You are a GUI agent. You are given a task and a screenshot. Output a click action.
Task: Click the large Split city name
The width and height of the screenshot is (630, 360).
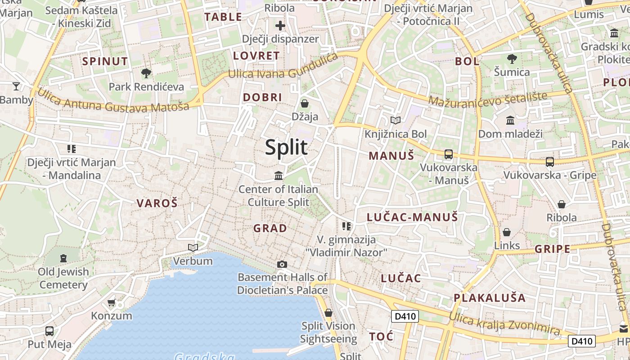pos(286,147)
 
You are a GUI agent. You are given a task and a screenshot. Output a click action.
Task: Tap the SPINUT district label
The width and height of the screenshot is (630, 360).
pos(105,61)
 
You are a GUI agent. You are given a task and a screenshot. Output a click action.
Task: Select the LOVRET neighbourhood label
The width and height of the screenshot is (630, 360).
pos(256,56)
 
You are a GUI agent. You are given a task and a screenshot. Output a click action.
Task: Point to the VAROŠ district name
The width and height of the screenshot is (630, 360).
pos(157,203)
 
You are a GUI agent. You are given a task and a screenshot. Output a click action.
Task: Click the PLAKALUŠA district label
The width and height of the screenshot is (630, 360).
pos(490,297)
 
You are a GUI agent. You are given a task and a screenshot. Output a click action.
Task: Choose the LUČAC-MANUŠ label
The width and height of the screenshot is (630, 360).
pos(412,217)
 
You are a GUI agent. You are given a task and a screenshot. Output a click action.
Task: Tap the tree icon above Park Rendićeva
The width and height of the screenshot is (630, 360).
pos(146,73)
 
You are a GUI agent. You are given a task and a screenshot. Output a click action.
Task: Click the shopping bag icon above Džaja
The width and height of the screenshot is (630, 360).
pos(305,103)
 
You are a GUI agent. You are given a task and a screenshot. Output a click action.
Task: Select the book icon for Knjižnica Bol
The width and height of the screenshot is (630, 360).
pos(396,120)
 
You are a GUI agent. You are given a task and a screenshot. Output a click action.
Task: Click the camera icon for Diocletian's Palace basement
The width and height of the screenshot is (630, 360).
pos(282,264)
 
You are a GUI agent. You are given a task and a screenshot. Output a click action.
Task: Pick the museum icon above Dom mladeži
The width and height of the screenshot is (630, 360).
pos(510,120)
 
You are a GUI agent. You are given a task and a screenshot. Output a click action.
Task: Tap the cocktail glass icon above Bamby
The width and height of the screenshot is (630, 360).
pos(16,86)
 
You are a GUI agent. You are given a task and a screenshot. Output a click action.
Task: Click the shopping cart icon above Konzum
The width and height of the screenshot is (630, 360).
pos(112,302)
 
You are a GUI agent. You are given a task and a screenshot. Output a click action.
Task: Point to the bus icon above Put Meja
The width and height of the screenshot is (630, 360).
pos(49,331)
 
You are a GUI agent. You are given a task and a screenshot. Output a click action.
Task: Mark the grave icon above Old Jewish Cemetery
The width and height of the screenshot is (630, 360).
pos(63,258)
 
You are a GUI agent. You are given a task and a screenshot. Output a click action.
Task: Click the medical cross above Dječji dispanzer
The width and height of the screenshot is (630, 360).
pos(280,26)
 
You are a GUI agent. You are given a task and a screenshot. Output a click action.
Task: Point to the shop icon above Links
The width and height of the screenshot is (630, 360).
pos(507,232)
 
